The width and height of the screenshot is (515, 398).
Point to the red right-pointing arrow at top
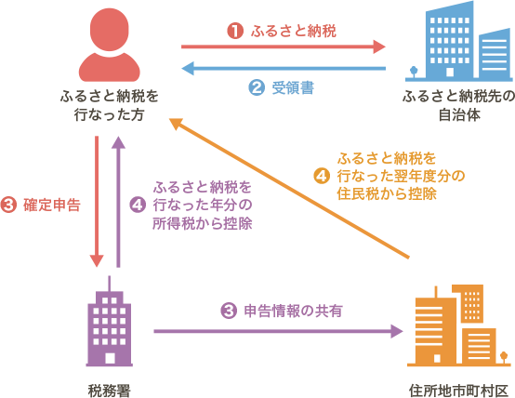click(283, 46)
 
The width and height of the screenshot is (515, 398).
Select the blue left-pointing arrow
click(283, 68)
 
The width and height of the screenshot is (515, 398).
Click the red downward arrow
click(98, 200)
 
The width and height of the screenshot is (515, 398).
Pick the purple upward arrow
click(118, 200)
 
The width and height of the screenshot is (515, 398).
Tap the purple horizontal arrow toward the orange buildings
click(279, 330)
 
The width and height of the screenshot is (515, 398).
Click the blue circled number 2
click(256, 88)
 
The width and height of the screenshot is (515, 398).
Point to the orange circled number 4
click(323, 175)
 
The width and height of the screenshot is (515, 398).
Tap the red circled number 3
click(10, 205)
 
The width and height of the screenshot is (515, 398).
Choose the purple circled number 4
click(138, 205)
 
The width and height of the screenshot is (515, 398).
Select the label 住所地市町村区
click(458, 388)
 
